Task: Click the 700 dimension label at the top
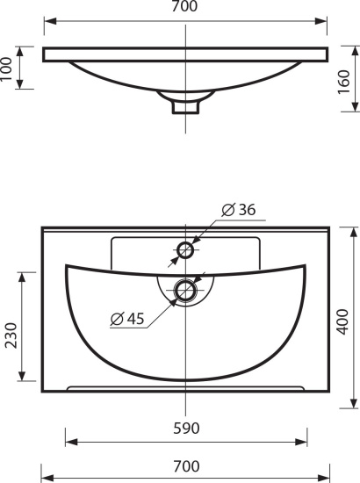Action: point(184,6)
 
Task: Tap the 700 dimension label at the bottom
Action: point(186,466)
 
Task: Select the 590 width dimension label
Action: point(186,429)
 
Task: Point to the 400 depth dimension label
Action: point(342,322)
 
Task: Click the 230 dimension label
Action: point(11,335)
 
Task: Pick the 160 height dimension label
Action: point(344,83)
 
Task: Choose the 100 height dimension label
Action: point(6,69)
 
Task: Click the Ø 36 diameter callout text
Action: point(239,210)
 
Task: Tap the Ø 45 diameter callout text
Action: point(127,319)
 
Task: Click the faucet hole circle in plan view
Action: point(185,249)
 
